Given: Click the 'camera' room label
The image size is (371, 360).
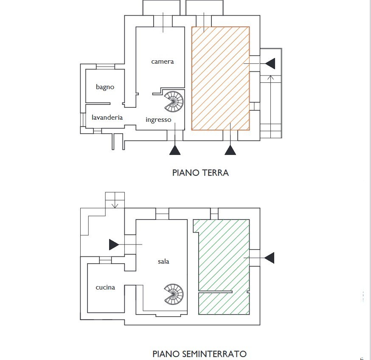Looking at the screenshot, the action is (162, 62).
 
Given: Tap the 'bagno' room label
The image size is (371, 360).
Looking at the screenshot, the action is (105, 87).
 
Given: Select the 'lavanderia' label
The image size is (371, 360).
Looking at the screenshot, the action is (107, 118).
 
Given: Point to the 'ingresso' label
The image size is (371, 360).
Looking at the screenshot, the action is (158, 120).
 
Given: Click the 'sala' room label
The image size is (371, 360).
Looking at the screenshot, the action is (163, 262).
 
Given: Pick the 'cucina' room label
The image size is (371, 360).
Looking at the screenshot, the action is (105, 287).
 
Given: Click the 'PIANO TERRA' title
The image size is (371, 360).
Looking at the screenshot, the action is (200, 173).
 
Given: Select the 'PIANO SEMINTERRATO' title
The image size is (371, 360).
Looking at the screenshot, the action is (200, 354).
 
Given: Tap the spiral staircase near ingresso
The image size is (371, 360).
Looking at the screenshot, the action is (174, 102).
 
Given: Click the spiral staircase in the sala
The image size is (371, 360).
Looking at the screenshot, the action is (174, 294).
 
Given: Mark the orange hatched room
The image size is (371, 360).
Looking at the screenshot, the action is (220, 79).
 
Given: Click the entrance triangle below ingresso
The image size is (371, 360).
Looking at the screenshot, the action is (175, 150).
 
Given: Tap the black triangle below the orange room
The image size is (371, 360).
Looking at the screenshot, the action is (230, 150).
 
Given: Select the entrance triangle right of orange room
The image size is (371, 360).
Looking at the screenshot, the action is (270, 63).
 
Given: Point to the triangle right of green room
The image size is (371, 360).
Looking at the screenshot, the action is (269, 258).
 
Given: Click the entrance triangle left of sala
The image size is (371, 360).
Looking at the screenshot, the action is (114, 245).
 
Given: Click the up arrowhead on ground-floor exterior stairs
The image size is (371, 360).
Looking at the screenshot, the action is (271, 77).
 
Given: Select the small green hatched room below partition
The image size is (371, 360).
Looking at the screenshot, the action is (224, 304).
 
